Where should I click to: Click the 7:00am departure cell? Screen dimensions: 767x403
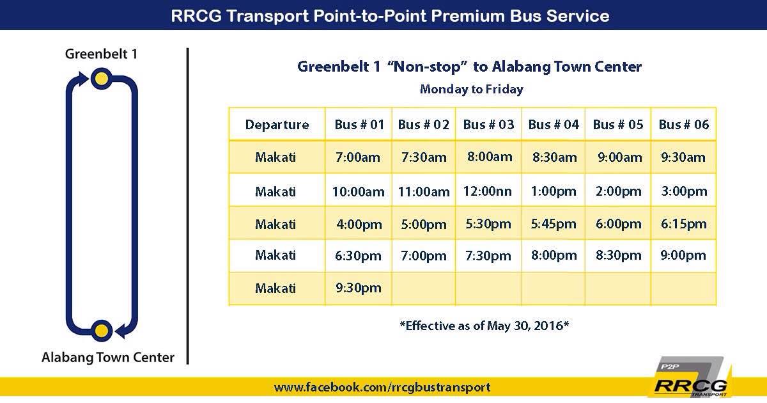[358, 157]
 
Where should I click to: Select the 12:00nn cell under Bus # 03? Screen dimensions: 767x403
[487, 191]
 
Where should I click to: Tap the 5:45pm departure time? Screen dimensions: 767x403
[554, 224]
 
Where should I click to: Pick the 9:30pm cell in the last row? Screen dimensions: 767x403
[358, 288]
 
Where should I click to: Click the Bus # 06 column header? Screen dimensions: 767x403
[683, 124]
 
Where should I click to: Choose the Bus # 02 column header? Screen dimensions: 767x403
[424, 124]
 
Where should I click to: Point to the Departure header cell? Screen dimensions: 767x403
[277, 124]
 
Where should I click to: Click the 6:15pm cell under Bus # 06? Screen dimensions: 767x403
[683, 224]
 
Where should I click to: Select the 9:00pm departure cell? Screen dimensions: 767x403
[683, 255]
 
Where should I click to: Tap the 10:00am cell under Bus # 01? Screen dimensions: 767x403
[358, 191]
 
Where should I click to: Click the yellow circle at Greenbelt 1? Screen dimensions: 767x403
[102, 79]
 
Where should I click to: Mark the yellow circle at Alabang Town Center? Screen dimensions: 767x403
[102, 331]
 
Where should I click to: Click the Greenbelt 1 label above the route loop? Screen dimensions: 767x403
[102, 54]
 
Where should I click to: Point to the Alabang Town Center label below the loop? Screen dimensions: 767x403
[108, 357]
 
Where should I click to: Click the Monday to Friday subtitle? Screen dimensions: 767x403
[472, 89]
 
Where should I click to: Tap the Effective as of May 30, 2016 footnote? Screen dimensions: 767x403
[484, 325]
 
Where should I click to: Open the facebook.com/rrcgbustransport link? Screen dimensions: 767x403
[382, 387]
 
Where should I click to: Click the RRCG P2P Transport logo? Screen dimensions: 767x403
[691, 377]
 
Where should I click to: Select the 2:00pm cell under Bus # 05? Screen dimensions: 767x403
[619, 191]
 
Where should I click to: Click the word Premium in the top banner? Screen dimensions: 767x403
[468, 16]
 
